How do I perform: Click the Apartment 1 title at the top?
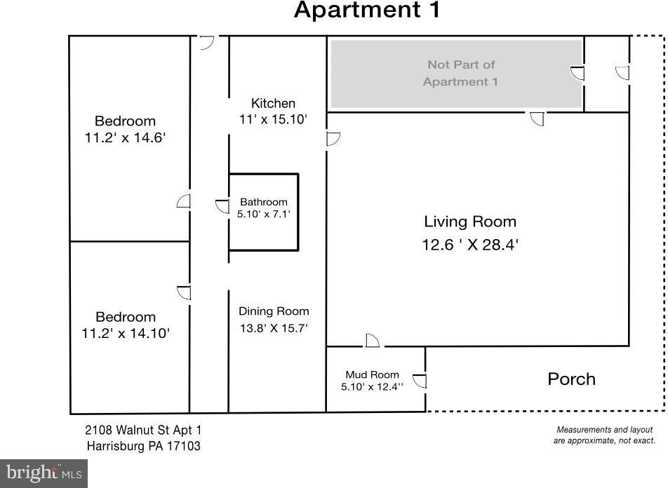[367, 10]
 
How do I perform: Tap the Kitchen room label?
[273, 104]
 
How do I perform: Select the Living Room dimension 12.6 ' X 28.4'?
[470, 245]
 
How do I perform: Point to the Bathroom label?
[264, 202]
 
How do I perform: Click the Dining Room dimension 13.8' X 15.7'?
[274, 328]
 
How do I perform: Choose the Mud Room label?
[372, 374]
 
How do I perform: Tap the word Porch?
[571, 379]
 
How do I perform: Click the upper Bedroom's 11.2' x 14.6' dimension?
[125, 137]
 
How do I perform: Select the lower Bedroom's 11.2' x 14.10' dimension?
[126, 333]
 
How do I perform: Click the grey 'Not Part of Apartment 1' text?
[460, 73]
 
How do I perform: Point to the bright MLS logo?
[44, 473]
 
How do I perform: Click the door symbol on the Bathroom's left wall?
[222, 206]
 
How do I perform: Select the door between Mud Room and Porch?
[420, 381]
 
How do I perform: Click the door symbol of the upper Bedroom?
[184, 201]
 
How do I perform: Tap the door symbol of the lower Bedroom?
[184, 292]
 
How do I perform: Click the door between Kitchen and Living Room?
[333, 139]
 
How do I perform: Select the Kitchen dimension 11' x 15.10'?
[273, 119]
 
